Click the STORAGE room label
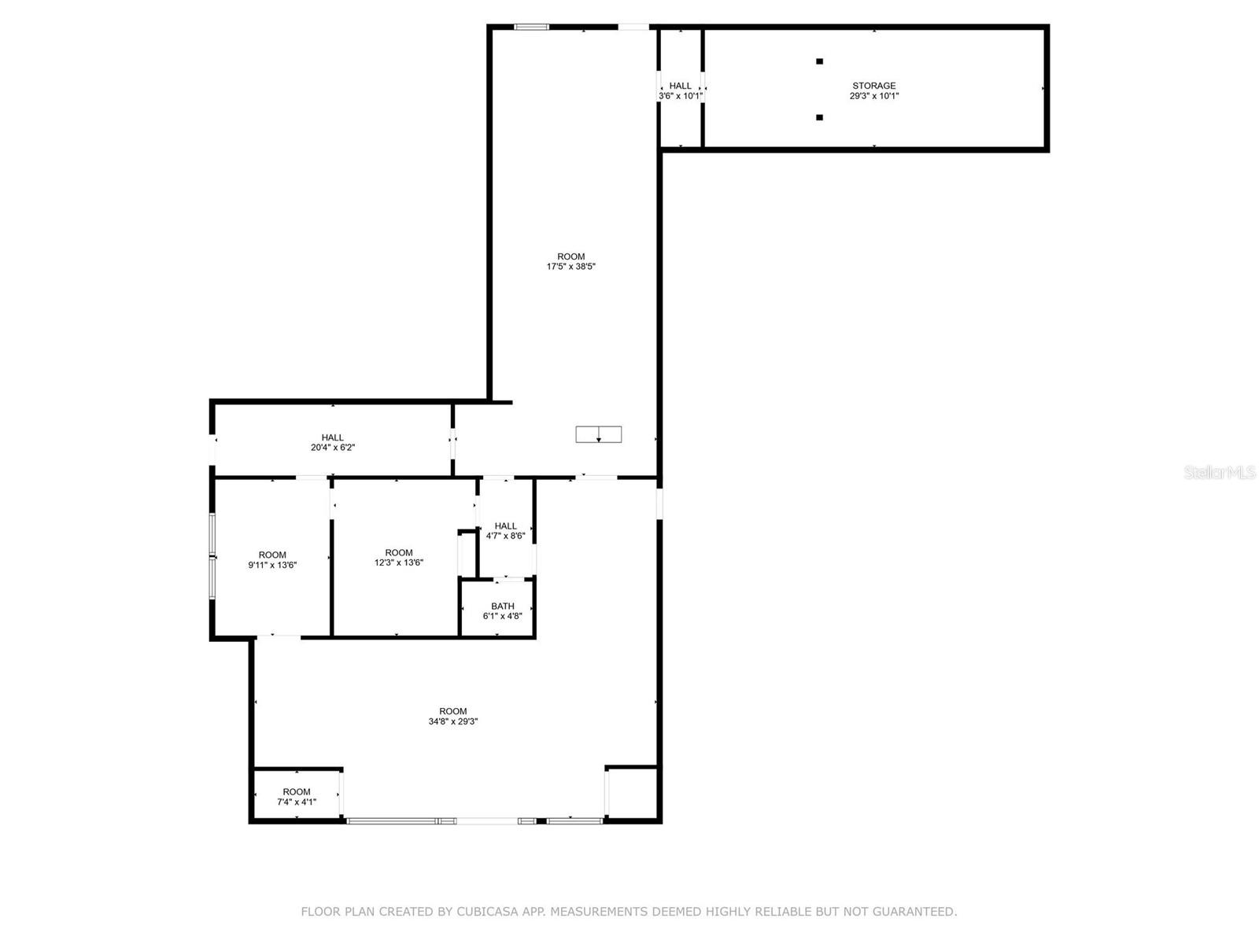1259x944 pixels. [873, 86]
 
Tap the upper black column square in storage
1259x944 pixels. [819, 61]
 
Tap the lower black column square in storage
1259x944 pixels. [819, 117]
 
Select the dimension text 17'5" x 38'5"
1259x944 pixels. [571, 267]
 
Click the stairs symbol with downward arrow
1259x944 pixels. [599, 434]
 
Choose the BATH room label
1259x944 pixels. [503, 606]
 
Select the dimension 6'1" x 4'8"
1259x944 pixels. [503, 616]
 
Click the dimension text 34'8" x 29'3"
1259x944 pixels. [453, 721]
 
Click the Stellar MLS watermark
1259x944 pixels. [1220, 473]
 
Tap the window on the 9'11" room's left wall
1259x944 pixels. [212, 556]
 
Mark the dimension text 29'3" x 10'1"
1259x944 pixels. [873, 96]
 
